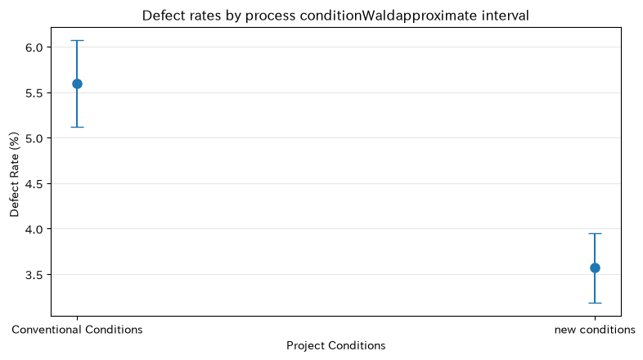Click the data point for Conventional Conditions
pyautogui.click(x=77, y=84)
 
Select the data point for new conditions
pyautogui.click(x=595, y=268)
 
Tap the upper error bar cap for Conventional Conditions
pyautogui.click(x=77, y=41)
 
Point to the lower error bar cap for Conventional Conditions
pyautogui.click(x=77, y=127)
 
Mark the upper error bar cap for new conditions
pyautogui.click(x=595, y=234)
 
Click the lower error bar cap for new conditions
pyautogui.click(x=595, y=303)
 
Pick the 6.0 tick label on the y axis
pyautogui.click(x=34, y=47)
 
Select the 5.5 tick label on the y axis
pyautogui.click(x=34, y=93)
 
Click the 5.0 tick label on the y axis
pyautogui.click(x=34, y=138)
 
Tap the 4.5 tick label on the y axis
pyautogui.click(x=34, y=184)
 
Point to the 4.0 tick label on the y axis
pyautogui.click(x=34, y=229)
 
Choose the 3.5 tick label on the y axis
pyautogui.click(x=34, y=275)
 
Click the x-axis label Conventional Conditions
pyautogui.click(x=77, y=330)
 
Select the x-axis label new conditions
pyautogui.click(x=595, y=330)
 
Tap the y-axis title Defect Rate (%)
pyautogui.click(x=15, y=174)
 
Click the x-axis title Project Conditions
pyautogui.click(x=336, y=345)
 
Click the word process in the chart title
pyautogui.click(x=271, y=16)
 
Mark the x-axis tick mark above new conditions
pyautogui.click(x=595, y=318)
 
